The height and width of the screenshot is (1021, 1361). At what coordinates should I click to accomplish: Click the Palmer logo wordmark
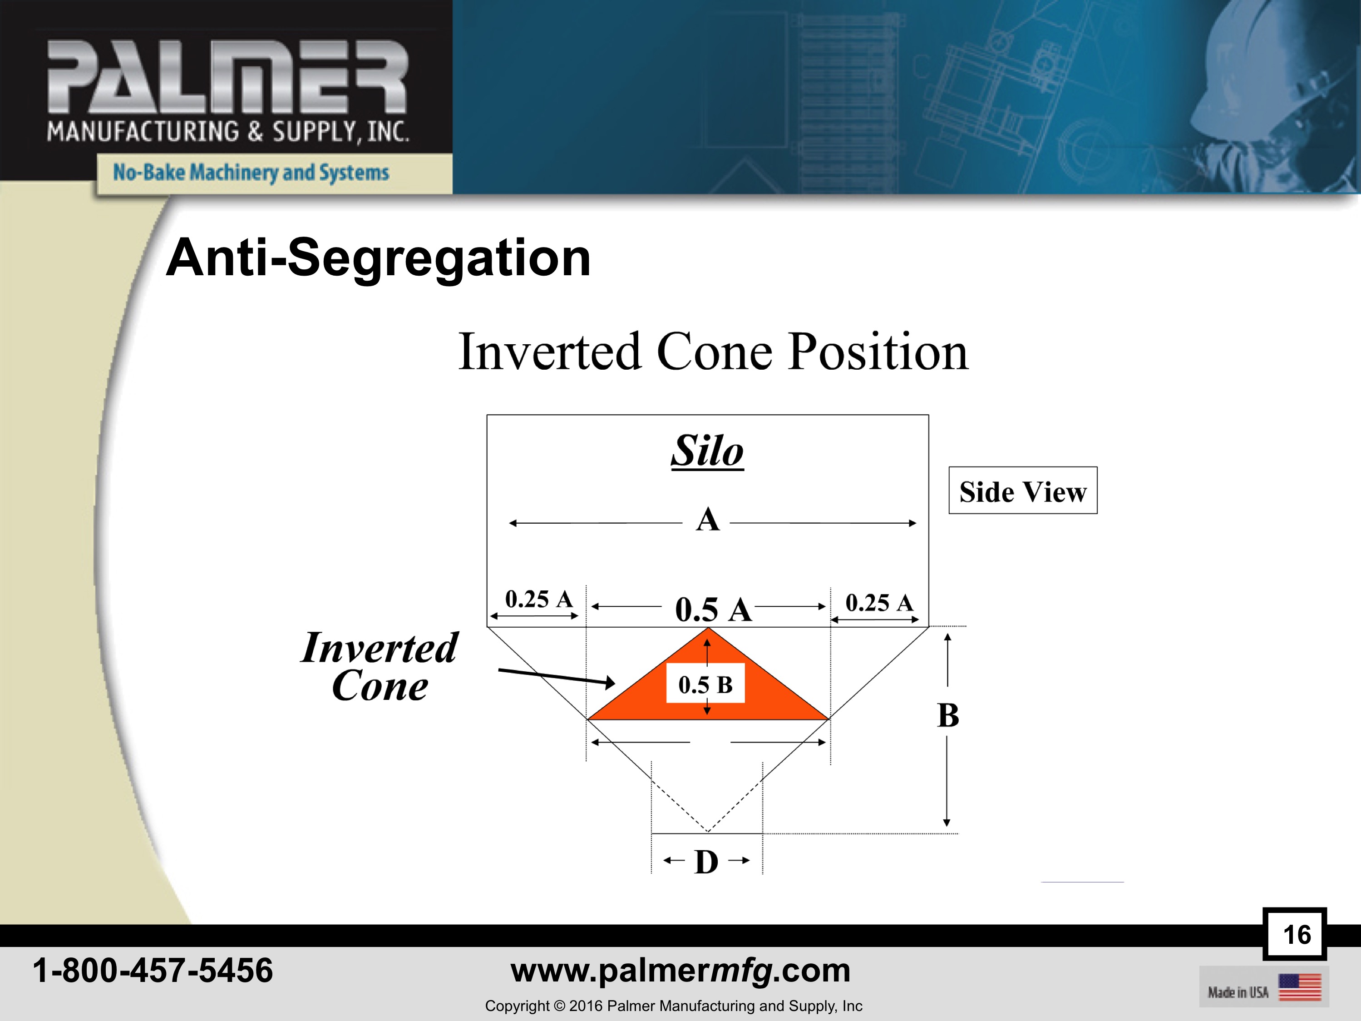(x=227, y=78)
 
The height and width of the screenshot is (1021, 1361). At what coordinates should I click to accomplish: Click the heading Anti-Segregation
(x=379, y=258)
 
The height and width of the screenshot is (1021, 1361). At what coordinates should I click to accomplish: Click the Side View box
(x=1023, y=491)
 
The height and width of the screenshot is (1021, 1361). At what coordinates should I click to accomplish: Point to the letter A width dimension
(x=708, y=520)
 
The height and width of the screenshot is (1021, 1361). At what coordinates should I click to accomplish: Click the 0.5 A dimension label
(x=713, y=610)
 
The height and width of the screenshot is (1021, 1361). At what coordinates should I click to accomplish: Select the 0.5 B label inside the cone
(x=706, y=684)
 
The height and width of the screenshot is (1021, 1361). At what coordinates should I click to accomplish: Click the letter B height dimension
(x=948, y=715)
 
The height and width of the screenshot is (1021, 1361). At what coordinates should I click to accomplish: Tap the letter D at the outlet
(x=706, y=862)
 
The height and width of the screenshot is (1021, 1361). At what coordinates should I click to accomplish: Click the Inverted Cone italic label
(x=380, y=667)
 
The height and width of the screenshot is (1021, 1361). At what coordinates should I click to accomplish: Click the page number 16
(x=1297, y=935)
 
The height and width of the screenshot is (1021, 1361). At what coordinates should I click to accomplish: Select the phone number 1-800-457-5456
(x=153, y=971)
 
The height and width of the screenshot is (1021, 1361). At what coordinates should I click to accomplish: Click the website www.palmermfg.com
(x=680, y=971)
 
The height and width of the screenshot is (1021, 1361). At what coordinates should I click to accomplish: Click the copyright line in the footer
(x=674, y=1006)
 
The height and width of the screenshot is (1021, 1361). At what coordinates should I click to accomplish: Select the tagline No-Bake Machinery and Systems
(x=251, y=172)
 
